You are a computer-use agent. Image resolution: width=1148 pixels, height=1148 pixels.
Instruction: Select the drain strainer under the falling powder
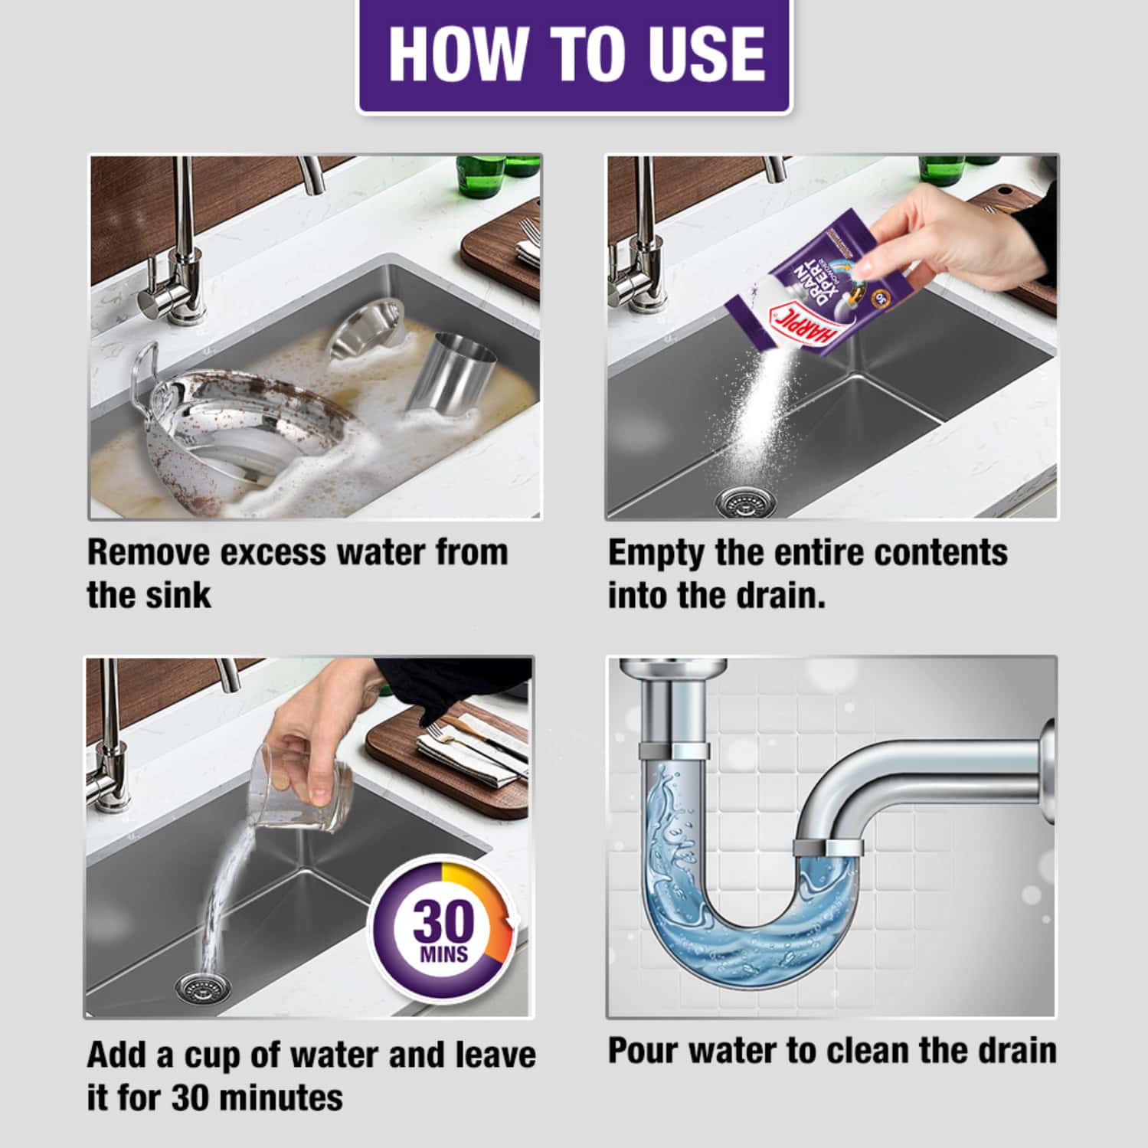click(x=740, y=502)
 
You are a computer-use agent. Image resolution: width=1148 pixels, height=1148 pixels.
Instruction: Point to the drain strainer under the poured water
click(x=201, y=989)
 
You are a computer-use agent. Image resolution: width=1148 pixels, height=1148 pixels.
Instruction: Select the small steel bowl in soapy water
click(x=365, y=329)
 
